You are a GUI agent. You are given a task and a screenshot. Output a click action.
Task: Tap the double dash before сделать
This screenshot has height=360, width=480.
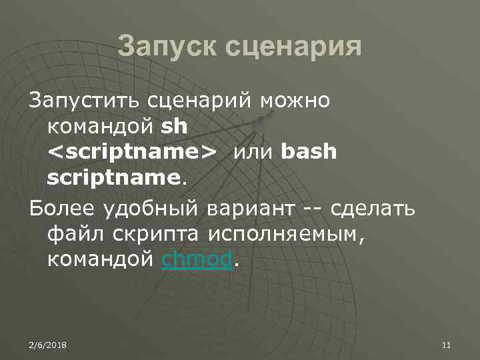pyautogui.click(x=314, y=209)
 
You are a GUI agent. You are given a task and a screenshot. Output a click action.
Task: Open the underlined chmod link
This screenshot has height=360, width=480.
pyautogui.click(x=197, y=260)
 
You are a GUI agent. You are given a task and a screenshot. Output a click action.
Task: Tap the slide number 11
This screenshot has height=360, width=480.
pyautogui.click(x=447, y=344)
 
